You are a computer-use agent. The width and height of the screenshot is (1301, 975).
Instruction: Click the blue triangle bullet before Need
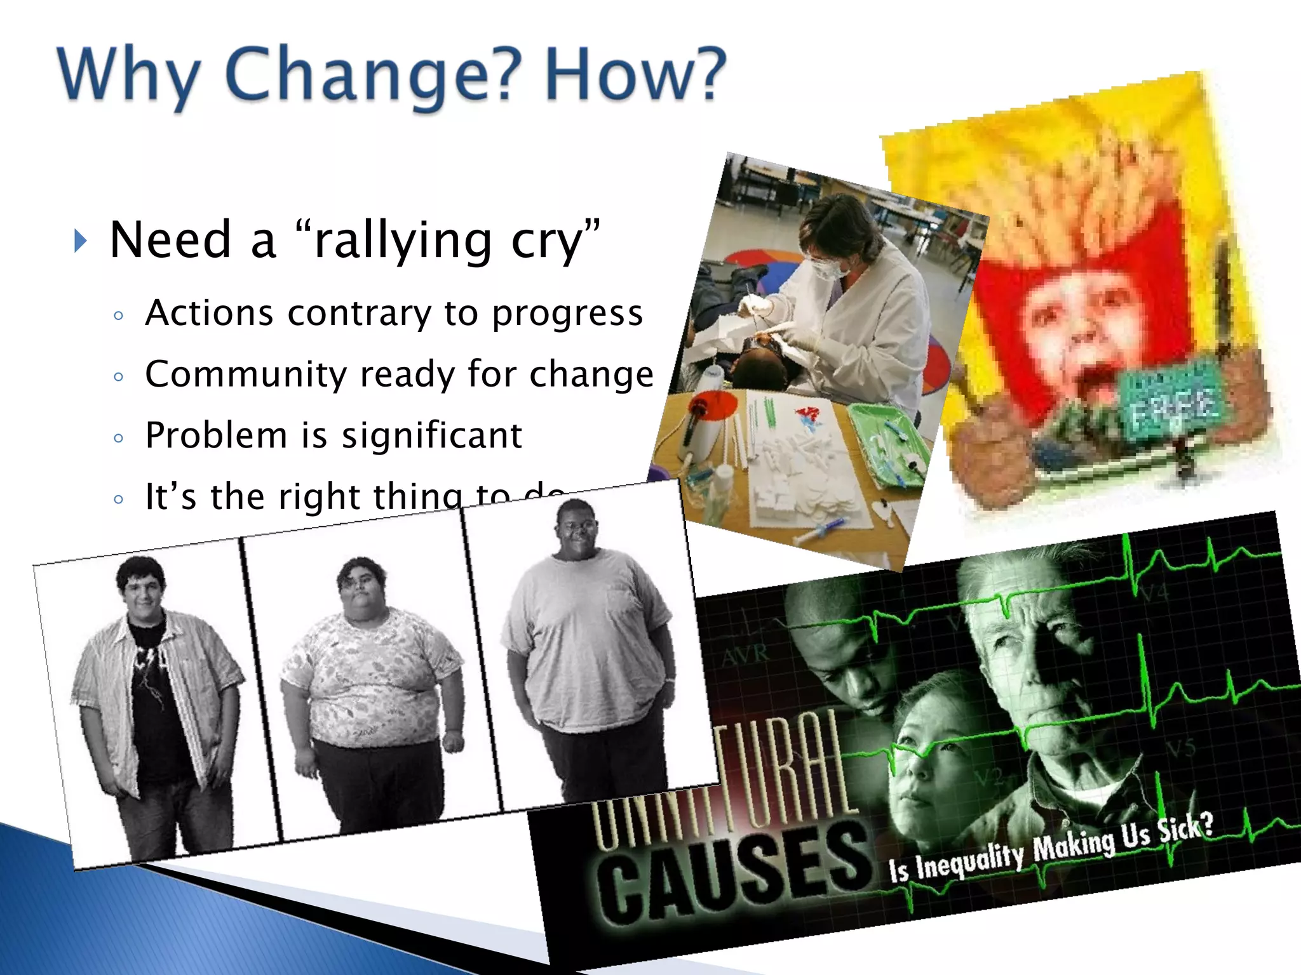[79, 241]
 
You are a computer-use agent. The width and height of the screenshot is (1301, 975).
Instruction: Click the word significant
[432, 435]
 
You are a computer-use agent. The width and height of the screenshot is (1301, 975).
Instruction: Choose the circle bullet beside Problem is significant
[118, 438]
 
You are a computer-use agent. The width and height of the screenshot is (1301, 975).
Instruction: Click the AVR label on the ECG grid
[746, 654]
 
